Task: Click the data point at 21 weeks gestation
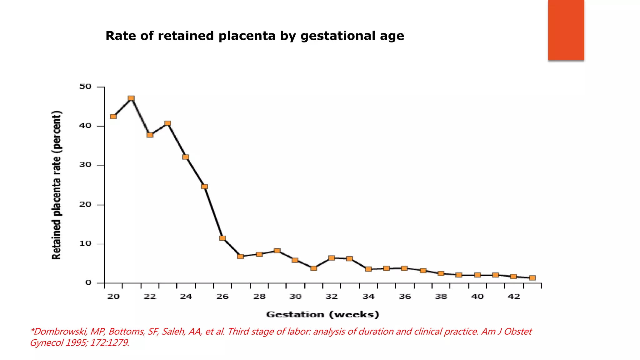click(x=131, y=98)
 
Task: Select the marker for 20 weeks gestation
click(x=113, y=117)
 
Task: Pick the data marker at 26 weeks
click(x=222, y=238)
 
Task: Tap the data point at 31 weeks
click(x=314, y=268)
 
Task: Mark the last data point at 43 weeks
click(x=532, y=278)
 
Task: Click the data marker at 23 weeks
click(x=168, y=123)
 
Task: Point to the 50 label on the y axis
click(x=85, y=87)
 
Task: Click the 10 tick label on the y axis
click(x=85, y=243)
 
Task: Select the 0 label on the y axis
click(x=88, y=282)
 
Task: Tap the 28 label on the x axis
click(x=259, y=296)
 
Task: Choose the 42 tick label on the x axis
click(x=514, y=296)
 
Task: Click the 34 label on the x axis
click(x=368, y=296)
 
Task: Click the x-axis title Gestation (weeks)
click(x=322, y=314)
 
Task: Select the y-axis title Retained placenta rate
click(x=57, y=185)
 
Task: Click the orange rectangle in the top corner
click(x=566, y=30)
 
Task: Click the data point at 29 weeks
click(x=277, y=251)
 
